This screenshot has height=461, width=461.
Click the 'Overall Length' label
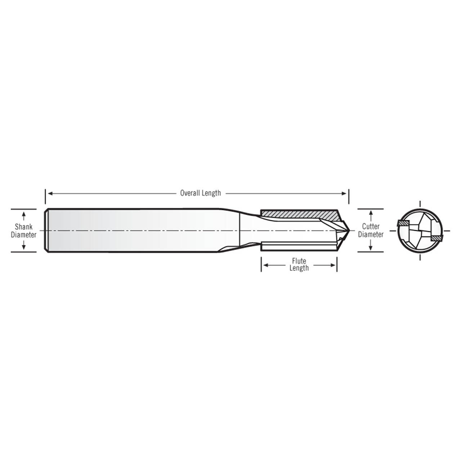(200, 193)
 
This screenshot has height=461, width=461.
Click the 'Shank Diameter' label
(23, 231)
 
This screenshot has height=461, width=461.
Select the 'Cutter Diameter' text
(371, 230)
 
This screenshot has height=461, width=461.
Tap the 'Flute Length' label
(299, 265)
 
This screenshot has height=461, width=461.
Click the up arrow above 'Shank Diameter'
(24, 216)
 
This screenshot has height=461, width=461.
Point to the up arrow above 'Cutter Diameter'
(371, 216)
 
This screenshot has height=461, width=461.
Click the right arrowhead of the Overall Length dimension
(345, 193)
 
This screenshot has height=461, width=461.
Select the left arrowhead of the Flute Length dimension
(265, 265)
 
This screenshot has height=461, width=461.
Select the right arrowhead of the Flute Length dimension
(334, 265)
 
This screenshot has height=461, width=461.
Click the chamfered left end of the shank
(46, 230)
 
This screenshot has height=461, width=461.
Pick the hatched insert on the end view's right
(437, 238)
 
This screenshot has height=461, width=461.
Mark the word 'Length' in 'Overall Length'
(211, 193)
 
